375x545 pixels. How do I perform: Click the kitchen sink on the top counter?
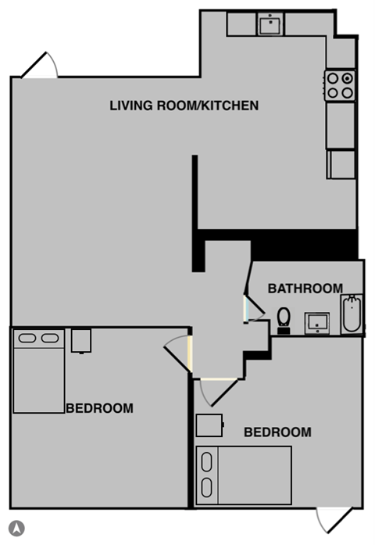[270, 24]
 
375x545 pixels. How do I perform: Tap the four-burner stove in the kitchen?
[341, 84]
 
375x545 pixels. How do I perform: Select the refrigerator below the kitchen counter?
[341, 164]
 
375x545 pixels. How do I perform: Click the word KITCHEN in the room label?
[226, 105]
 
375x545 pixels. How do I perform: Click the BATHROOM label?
[305, 288]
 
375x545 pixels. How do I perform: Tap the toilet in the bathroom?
[284, 319]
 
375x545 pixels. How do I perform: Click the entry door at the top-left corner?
[41, 66]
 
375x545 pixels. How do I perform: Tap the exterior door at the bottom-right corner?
[334, 518]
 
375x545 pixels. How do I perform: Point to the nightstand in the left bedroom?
[80, 340]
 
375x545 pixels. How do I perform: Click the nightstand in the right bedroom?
[209, 424]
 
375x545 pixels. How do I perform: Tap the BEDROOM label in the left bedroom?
[99, 407]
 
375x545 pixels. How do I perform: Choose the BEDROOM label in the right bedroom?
[277, 432]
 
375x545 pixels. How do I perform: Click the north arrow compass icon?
[17, 528]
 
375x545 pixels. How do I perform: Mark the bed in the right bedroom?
[243, 475]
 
